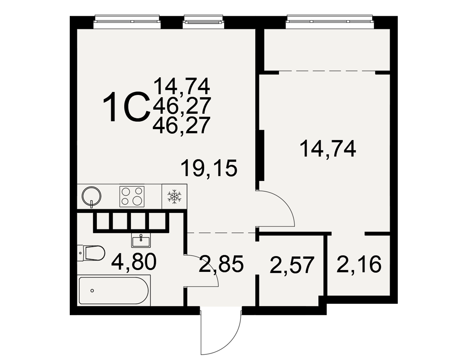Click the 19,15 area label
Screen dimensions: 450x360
click(x=210, y=168)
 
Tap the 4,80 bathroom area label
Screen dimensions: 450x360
click(x=134, y=262)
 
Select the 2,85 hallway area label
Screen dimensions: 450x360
click(x=221, y=264)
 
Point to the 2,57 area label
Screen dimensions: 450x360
click(x=292, y=265)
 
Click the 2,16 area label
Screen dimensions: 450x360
click(x=359, y=264)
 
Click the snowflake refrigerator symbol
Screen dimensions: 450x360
click(x=174, y=196)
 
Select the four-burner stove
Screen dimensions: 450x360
click(x=132, y=197)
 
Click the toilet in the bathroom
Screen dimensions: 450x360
click(x=91, y=253)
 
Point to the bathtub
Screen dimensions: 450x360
click(x=114, y=290)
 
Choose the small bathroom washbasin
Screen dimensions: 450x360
click(x=141, y=240)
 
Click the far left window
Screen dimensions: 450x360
click(x=127, y=22)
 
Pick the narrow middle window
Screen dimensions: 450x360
click(x=203, y=22)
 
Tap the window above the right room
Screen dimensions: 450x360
click(x=330, y=22)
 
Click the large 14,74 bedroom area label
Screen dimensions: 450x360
click(x=328, y=148)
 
